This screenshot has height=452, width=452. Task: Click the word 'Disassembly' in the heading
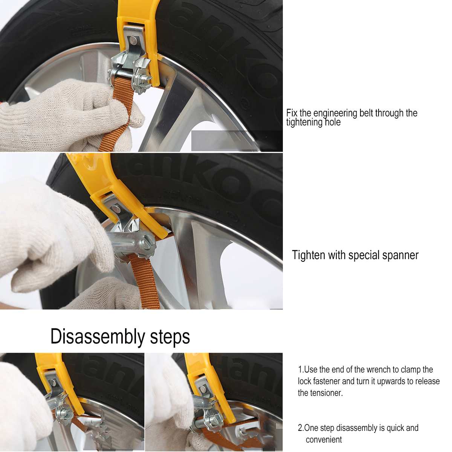coord(98,336)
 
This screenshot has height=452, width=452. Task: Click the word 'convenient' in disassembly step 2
coord(324,440)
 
